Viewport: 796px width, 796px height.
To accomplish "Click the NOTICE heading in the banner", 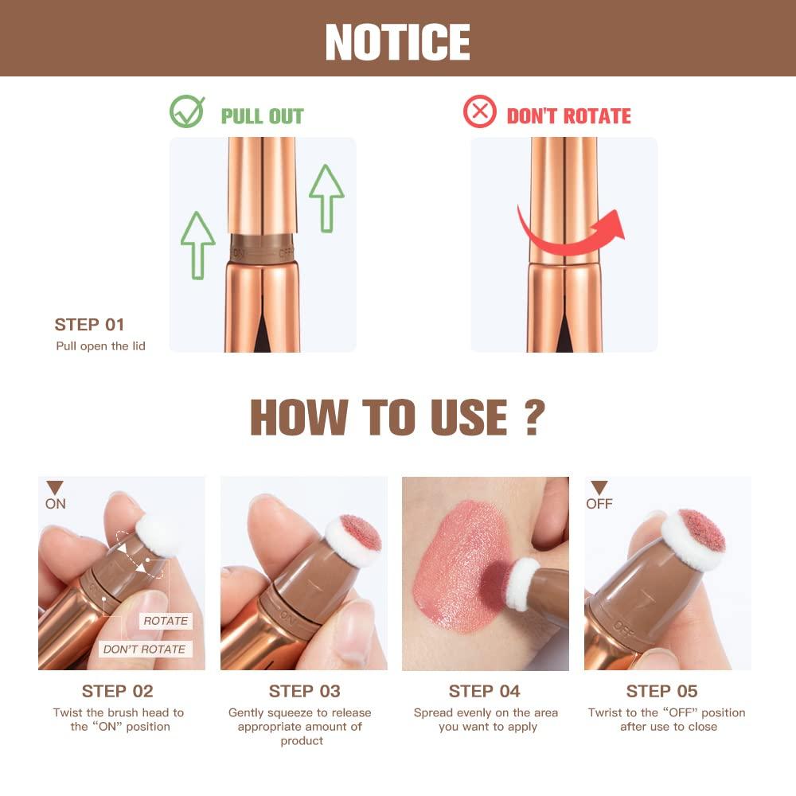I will coord(397,41).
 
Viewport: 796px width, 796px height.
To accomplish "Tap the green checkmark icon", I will coord(187,112).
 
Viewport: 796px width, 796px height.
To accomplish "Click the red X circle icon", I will coord(479,112).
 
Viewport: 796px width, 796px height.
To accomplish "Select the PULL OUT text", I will coord(262,116).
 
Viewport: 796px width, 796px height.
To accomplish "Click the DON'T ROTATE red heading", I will coord(568,116).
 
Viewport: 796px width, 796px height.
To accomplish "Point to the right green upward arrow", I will coord(326,197).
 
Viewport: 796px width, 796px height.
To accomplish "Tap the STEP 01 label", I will coord(90,325).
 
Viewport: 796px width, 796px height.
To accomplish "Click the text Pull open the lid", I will coord(100,346).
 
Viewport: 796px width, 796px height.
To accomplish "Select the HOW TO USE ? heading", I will coord(397,417).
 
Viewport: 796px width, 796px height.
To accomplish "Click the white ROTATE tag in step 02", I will coord(166,621).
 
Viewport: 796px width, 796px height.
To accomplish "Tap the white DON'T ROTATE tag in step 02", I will coord(144,650).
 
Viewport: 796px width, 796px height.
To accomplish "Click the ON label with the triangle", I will coord(55,496).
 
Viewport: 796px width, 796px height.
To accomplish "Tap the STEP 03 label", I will coord(304,691).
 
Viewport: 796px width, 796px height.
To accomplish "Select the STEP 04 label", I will coord(485,691).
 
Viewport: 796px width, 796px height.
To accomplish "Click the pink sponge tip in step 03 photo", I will coord(360,533).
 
